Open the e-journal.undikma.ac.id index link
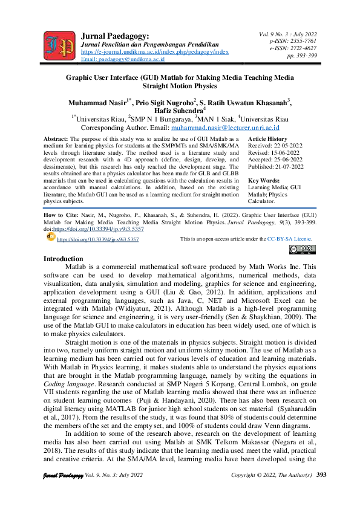point(154,52)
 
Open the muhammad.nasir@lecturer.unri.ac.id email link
point(224,128)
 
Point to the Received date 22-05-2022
point(288,146)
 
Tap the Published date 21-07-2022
point(290,166)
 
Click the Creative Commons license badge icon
point(302,248)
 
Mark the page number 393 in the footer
point(321,491)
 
